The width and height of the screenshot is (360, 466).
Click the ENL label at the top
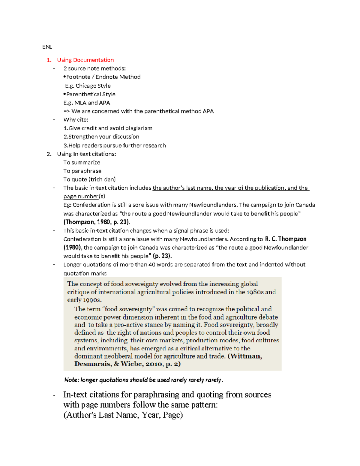click(47, 47)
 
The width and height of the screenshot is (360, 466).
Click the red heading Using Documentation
click(85, 60)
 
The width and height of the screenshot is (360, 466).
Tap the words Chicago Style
click(93, 86)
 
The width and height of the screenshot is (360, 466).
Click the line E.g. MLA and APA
click(87, 103)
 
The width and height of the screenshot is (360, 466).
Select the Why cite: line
click(76, 120)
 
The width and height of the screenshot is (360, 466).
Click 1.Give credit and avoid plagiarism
click(108, 128)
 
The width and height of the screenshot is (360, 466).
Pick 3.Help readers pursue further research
click(114, 146)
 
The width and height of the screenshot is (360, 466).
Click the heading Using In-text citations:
click(86, 154)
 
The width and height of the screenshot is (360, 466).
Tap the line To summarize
click(82, 163)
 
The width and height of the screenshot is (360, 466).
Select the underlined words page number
click(81, 197)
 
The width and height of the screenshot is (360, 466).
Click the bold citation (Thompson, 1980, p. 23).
click(97, 222)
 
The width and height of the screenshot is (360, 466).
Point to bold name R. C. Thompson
click(286, 239)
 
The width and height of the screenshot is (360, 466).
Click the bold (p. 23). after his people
click(162, 256)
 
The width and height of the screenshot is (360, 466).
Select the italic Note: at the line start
click(71, 380)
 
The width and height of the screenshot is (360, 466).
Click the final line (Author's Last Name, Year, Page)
click(123, 415)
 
